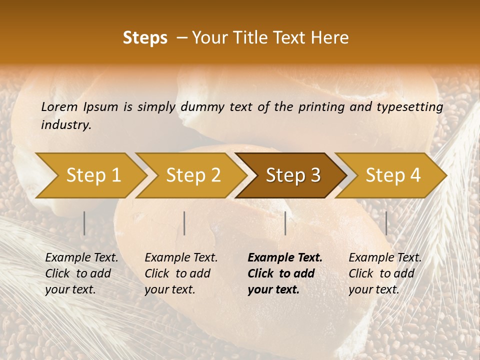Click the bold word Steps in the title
[x=145, y=38]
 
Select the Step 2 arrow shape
[x=193, y=175]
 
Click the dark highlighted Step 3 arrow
[x=293, y=175]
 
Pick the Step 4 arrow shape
[x=393, y=175]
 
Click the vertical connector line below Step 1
[x=84, y=223]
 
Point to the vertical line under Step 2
[x=184, y=223]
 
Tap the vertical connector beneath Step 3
[x=285, y=223]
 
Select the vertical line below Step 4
[x=386, y=223]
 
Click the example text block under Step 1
[x=81, y=273]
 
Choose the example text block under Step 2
[x=181, y=273]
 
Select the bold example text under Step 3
[x=285, y=273]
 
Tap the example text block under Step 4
[x=385, y=273]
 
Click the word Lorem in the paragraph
[x=59, y=106]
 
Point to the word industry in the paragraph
[x=66, y=125]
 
